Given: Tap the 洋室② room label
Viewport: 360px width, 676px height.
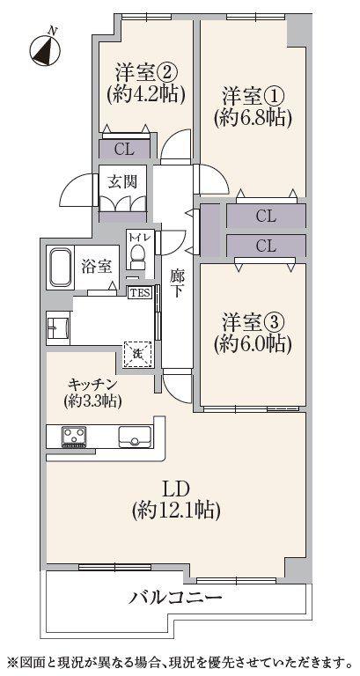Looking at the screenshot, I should coord(138,71).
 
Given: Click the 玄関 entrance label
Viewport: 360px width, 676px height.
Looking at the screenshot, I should coord(121,182).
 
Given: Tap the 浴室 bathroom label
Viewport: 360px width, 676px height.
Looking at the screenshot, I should coord(97,264).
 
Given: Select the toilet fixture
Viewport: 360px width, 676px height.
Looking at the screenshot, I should coord(138,253).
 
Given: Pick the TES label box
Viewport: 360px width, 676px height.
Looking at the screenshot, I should coord(138,292).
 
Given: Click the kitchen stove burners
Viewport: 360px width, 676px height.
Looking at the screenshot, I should coord(72,435).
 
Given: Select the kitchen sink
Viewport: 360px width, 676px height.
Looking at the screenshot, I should coord(134,435).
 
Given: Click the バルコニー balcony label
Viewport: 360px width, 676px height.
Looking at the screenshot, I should coord(176,598).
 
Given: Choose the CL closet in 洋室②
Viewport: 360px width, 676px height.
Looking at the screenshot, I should coord(123,149).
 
